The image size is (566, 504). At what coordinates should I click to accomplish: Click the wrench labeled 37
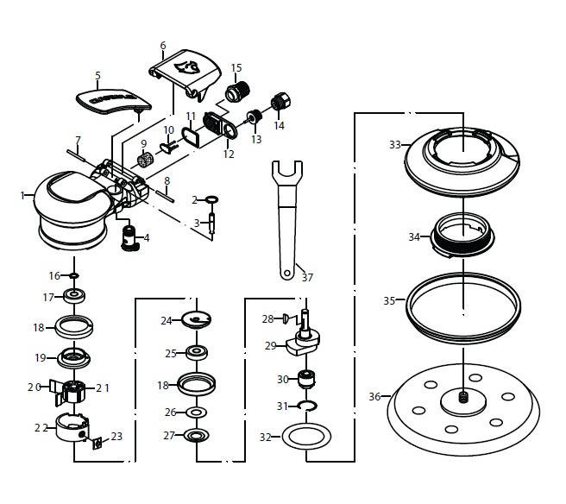[x=285, y=216]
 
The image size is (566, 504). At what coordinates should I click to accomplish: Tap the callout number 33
[x=395, y=145]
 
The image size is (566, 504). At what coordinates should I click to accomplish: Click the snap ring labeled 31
[x=306, y=405]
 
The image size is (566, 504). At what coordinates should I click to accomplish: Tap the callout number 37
[x=307, y=278]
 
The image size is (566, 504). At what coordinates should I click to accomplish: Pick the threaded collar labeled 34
[x=463, y=234]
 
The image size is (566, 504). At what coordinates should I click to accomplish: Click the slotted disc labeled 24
[x=198, y=320]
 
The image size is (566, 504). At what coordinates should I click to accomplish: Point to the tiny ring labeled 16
[x=75, y=276]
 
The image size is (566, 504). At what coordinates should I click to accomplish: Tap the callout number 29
[x=270, y=345]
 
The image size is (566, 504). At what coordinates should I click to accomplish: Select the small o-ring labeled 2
[x=211, y=200]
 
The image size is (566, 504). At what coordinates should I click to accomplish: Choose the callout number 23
[x=116, y=437]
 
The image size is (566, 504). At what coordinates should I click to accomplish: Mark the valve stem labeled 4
[x=130, y=236]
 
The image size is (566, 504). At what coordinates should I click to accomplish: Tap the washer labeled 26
[x=196, y=413]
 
